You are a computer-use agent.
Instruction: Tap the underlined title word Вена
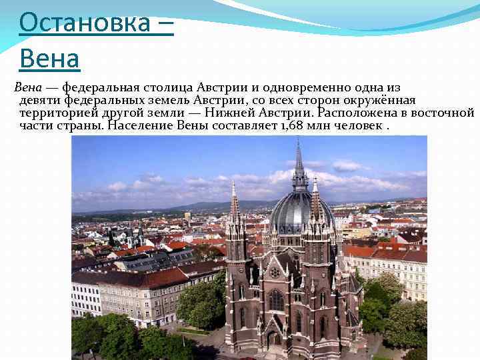50,59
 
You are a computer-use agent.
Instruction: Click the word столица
169,87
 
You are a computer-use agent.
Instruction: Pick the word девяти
41,100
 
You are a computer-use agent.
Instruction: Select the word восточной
444,113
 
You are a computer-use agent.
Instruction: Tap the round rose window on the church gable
275,272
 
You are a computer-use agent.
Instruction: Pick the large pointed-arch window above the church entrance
275,299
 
